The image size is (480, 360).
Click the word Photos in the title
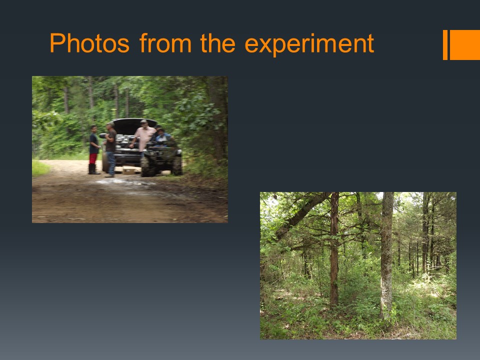click(89, 43)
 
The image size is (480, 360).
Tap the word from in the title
click(165, 42)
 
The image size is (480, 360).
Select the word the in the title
click(217, 42)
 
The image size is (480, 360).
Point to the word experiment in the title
click(309, 45)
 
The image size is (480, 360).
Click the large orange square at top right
click(464, 44)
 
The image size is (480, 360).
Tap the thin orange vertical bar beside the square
click(445, 44)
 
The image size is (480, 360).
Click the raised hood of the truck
click(134, 125)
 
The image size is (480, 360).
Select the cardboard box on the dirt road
click(129, 170)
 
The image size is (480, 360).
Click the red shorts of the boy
click(93, 158)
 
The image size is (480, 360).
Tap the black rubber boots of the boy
click(93, 169)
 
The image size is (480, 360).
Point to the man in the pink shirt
click(143, 137)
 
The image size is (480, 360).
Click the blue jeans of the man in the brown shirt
click(111, 163)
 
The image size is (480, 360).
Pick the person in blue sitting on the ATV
click(161, 135)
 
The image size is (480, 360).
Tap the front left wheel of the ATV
click(147, 167)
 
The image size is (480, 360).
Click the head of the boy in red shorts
click(93, 129)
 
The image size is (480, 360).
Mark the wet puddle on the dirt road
click(125, 183)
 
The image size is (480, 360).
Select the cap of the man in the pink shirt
click(143, 121)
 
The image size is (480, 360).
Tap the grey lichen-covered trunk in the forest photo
click(387, 254)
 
